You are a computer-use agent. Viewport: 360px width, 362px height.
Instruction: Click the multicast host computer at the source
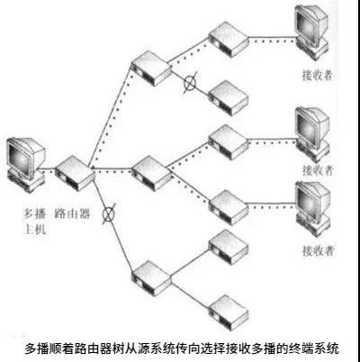pyautogui.click(x=25, y=164)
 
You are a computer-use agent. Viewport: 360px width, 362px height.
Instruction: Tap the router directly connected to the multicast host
pyautogui.click(x=75, y=173)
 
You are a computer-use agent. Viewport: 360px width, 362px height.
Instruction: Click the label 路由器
pyautogui.click(x=72, y=213)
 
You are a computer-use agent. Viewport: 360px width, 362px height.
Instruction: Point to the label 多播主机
pyautogui.click(x=35, y=222)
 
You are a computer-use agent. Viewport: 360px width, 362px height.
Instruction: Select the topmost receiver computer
pyautogui.click(x=310, y=32)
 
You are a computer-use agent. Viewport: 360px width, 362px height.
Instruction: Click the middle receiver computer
pyautogui.click(x=312, y=133)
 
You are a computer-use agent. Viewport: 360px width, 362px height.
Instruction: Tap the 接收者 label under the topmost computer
pyautogui.click(x=318, y=75)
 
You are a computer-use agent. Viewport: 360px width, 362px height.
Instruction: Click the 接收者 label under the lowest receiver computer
pyautogui.click(x=318, y=250)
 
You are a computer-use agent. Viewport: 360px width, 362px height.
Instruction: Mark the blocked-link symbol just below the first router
pyautogui.click(x=108, y=213)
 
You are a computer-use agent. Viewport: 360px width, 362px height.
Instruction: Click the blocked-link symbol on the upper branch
pyautogui.click(x=190, y=82)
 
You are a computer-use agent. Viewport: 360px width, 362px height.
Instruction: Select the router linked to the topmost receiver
pyautogui.click(x=229, y=39)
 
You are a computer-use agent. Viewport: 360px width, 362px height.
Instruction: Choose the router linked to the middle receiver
pyautogui.click(x=229, y=141)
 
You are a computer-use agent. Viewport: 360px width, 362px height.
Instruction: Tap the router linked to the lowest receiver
pyautogui.click(x=229, y=207)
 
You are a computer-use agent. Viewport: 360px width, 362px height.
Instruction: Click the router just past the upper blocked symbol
pyautogui.click(x=229, y=97)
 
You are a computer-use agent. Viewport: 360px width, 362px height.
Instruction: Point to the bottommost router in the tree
pyautogui.click(x=229, y=312)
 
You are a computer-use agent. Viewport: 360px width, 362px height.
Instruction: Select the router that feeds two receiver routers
pyautogui.click(x=152, y=173)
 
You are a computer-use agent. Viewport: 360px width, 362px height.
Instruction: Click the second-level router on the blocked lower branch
pyautogui.click(x=152, y=278)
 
